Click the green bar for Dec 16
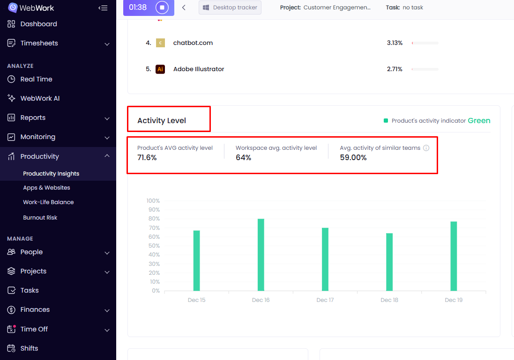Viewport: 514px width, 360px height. tap(261, 255)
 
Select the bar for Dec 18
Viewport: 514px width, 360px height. tap(389, 262)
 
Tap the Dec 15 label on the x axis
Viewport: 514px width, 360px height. tap(196, 300)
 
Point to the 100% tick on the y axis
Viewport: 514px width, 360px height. tap(153, 201)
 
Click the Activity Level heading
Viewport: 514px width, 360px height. tap(162, 121)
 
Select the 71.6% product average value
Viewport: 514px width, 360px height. tap(147, 158)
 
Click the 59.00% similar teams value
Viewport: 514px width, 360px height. tap(353, 158)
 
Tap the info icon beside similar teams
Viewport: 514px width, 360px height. tap(426, 148)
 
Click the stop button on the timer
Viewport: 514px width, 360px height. tap(162, 7)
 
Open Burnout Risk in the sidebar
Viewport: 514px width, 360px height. tap(40, 218)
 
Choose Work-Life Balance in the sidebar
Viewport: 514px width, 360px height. tap(48, 202)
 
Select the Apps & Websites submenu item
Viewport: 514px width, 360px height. tap(46, 188)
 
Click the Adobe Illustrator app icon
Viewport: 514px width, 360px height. tap(160, 69)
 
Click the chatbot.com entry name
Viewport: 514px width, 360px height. tap(193, 43)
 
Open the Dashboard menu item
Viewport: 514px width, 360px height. tap(38, 24)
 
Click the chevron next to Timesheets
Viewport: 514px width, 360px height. tap(107, 44)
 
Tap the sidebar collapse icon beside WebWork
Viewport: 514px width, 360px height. tap(103, 8)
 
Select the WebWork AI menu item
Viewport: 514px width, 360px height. tap(40, 98)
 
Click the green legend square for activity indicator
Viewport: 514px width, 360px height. tap(386, 121)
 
